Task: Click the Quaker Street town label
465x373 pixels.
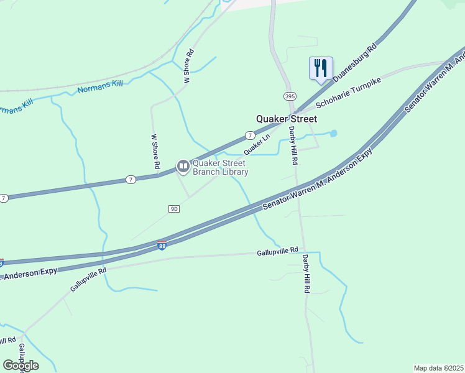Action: (287, 119)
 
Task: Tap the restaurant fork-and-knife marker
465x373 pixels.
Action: (321, 67)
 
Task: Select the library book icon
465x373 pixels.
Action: (183, 165)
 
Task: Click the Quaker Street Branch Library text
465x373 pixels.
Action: (220, 168)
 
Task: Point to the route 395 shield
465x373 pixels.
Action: (289, 96)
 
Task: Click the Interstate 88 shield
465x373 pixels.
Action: (162, 246)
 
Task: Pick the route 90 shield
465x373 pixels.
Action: (174, 209)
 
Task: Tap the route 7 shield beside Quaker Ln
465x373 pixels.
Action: (249, 135)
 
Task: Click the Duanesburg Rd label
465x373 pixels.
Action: (355, 63)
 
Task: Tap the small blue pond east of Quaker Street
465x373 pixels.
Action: (333, 133)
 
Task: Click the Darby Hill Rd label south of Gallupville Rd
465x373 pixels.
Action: (306, 274)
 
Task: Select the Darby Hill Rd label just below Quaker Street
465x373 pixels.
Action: (293, 145)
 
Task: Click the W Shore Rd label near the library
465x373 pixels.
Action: (155, 152)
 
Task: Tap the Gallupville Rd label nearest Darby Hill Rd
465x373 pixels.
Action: (277, 252)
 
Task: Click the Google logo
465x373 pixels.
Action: (21, 365)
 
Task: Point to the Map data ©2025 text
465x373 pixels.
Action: (438, 367)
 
